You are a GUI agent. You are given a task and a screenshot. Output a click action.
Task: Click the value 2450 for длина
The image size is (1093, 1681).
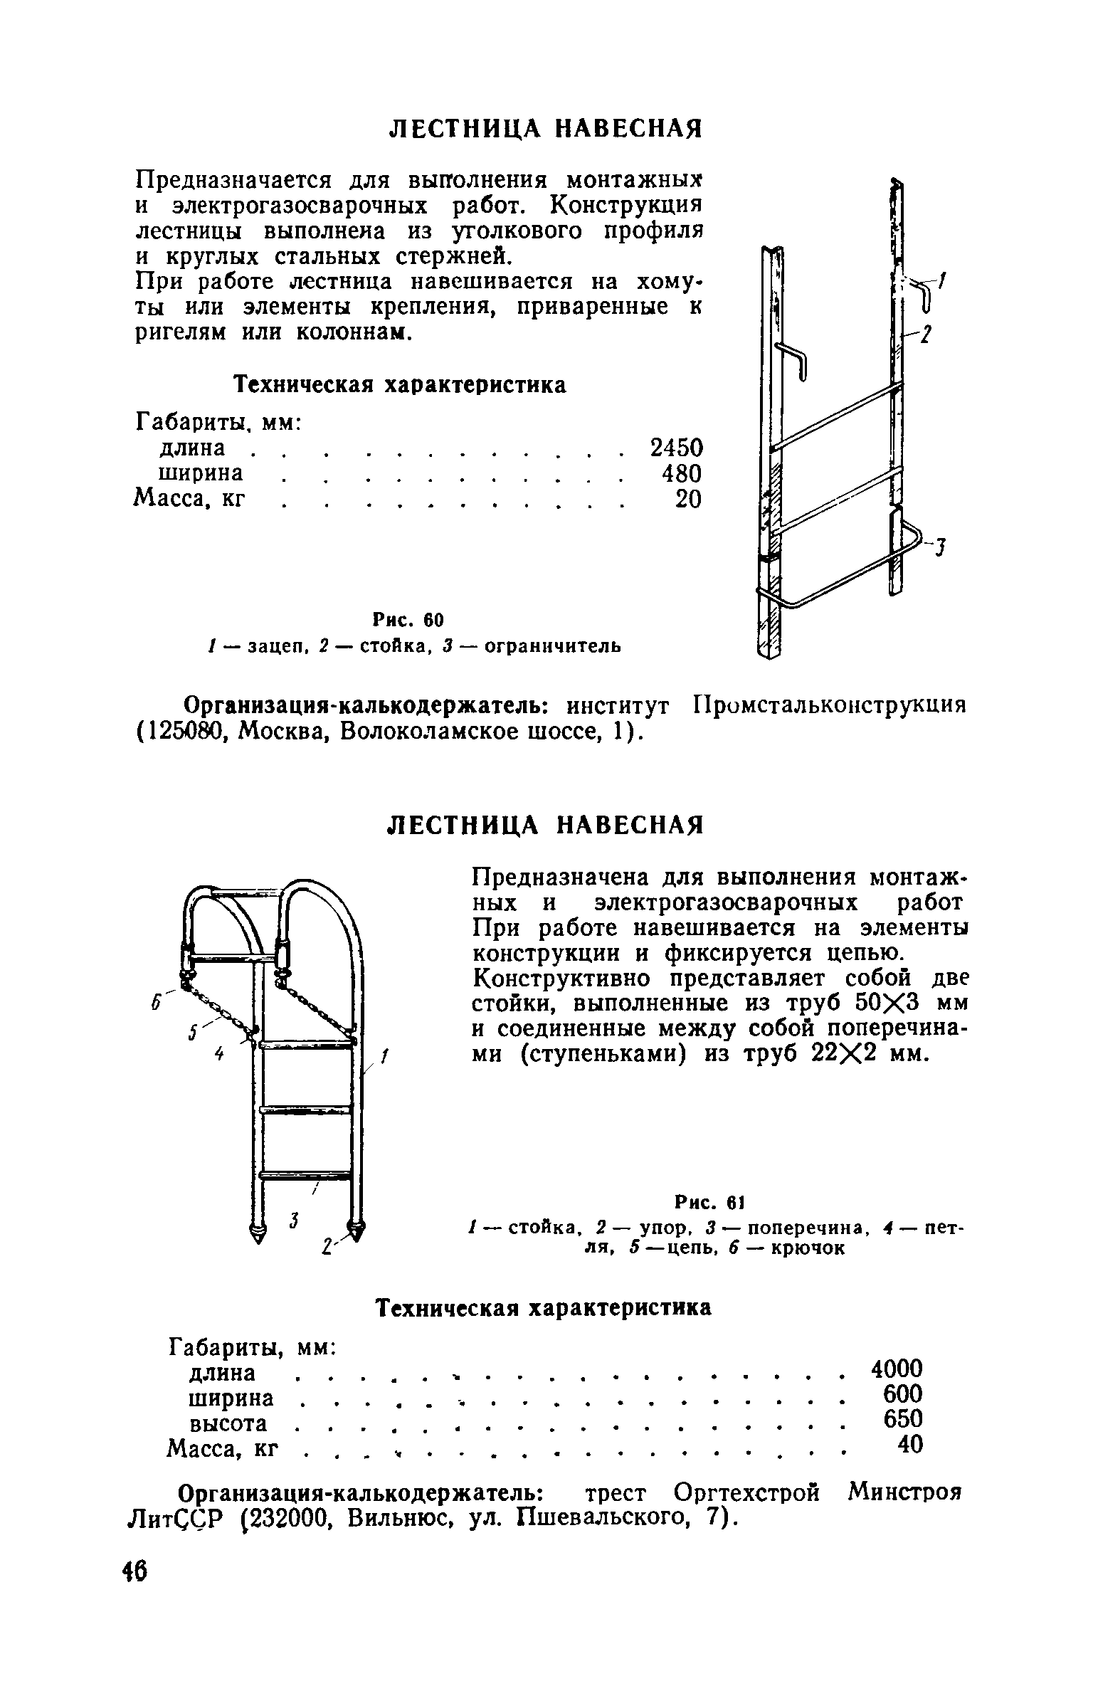pos(676,448)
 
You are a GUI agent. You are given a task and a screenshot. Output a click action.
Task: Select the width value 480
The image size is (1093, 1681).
pos(682,473)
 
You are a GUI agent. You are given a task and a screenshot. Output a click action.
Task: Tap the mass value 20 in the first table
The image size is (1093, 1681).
pos(688,500)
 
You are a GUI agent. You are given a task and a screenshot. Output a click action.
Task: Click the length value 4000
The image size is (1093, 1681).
pos(897,1367)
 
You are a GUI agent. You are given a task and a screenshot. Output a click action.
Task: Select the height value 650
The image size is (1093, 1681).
pos(902,1418)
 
